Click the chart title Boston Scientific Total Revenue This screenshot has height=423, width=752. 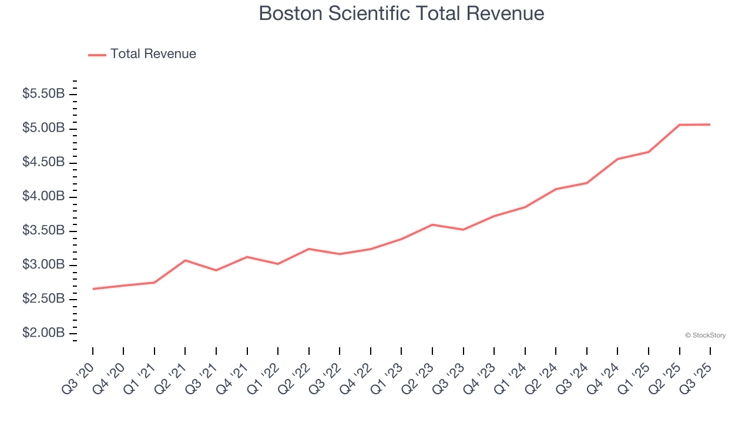[x=401, y=14]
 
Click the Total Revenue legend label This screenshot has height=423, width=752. [x=153, y=54]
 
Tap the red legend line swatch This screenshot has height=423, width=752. [x=97, y=55]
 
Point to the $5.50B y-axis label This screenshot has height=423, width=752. [x=43, y=94]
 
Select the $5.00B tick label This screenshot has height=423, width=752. [x=43, y=128]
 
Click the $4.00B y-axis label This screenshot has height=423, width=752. [x=43, y=196]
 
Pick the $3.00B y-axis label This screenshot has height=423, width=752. [x=43, y=265]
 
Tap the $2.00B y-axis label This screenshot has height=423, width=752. [x=43, y=333]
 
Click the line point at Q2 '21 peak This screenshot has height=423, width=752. [x=185, y=260]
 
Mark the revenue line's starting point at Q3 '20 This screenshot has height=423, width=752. [x=93, y=289]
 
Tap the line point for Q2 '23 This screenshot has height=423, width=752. [x=432, y=224]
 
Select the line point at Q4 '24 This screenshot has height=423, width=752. [x=617, y=159]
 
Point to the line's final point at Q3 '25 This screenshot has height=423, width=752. [x=710, y=125]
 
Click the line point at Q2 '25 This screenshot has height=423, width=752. [x=679, y=125]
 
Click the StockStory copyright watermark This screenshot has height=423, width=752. [x=705, y=335]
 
